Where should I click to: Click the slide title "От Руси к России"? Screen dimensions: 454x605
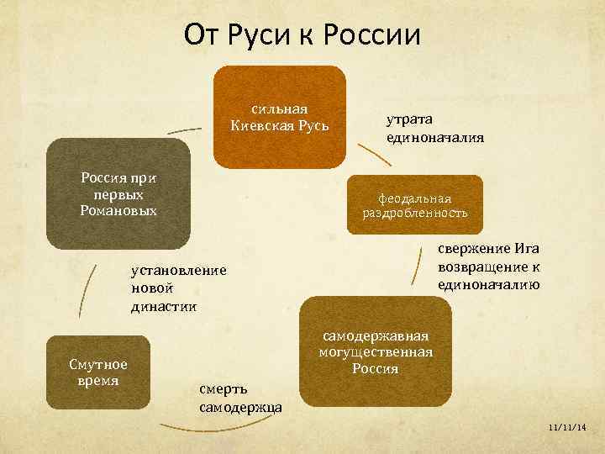(x=302, y=34)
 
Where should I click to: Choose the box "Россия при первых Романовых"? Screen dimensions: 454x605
(x=118, y=194)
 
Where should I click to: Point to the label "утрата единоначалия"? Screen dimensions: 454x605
(x=434, y=129)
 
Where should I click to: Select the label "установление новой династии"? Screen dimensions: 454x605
(x=178, y=288)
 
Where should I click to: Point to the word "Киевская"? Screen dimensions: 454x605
(x=260, y=126)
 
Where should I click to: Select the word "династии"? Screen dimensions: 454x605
(x=164, y=306)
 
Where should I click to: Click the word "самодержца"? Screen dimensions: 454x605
(x=239, y=408)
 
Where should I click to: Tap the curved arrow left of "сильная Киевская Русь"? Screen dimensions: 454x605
(x=185, y=129)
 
